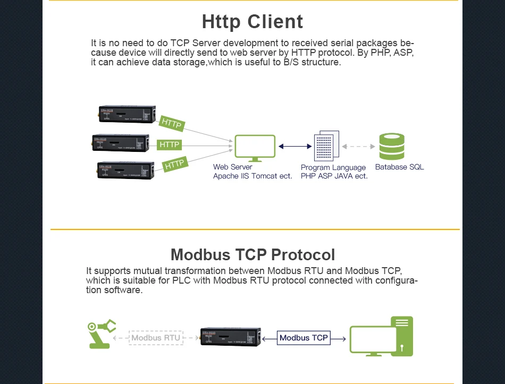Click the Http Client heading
[252, 22]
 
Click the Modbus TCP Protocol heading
[252, 254]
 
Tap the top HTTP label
[171, 123]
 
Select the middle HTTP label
[170, 144]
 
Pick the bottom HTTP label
[174, 165]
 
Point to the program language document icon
[326, 147]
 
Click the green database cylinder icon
[392, 147]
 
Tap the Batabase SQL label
[399, 167]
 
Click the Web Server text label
[232, 167]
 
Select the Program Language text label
[333, 167]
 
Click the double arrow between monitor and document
[295, 146]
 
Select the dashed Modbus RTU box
[156, 337]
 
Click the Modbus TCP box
[304, 337]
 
